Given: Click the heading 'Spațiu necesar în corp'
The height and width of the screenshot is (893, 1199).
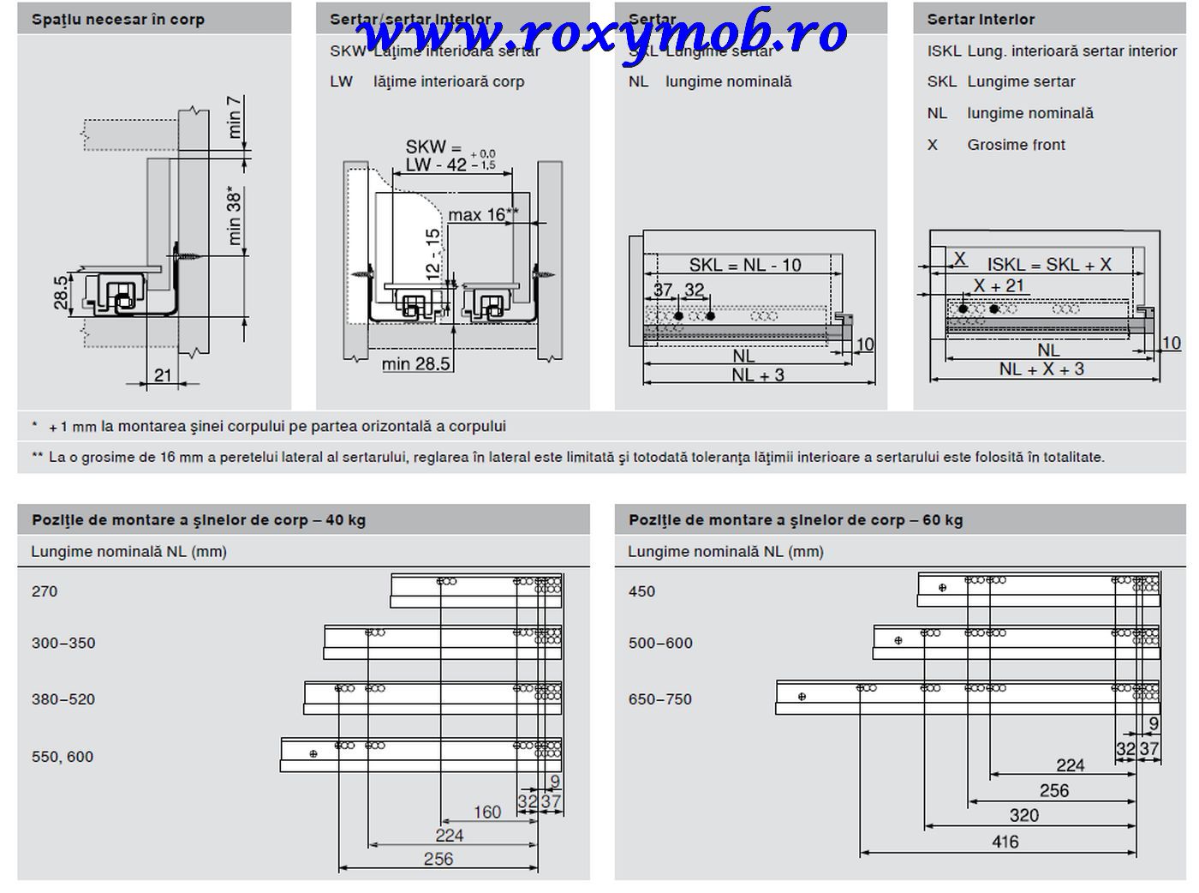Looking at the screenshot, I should click(118, 20).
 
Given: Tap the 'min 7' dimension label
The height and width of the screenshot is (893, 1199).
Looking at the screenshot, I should click(235, 117).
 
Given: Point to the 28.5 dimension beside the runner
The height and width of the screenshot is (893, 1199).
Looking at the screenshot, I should click(61, 294).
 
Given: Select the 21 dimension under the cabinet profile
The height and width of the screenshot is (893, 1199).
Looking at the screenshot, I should click(163, 375).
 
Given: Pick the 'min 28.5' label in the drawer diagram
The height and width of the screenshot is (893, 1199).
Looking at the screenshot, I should click(415, 364).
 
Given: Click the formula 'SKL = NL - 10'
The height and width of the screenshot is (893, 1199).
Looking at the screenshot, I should click(745, 265).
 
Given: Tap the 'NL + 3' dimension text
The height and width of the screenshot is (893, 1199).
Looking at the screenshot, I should click(757, 375).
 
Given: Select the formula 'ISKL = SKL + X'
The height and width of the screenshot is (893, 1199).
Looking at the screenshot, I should click(1048, 265).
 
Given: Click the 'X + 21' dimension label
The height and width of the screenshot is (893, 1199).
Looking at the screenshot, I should click(999, 285).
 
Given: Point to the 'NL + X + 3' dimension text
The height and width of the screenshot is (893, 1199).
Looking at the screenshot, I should click(1041, 369).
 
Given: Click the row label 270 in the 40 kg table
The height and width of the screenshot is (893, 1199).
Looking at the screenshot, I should click(45, 591).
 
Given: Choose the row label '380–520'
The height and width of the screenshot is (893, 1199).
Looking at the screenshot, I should click(63, 699).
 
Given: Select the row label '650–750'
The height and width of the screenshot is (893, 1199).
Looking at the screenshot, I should click(659, 699).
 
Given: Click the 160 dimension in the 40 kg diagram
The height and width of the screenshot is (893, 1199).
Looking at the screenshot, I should click(486, 812).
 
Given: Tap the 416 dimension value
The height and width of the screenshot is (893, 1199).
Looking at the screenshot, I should click(1005, 842).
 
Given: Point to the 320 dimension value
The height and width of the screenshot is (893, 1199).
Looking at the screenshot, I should click(1023, 815).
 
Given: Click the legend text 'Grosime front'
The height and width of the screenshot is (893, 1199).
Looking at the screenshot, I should click(1016, 145).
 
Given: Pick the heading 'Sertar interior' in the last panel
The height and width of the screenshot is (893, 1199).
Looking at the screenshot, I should click(981, 20).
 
